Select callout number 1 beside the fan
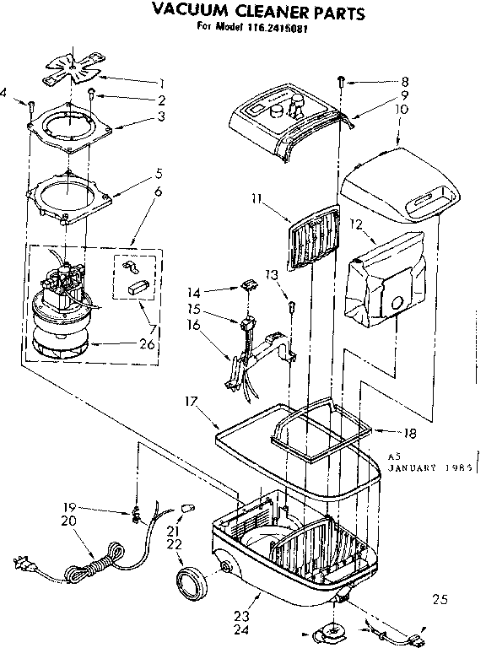(x=159, y=82)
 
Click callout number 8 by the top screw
(x=404, y=82)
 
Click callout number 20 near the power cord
(x=68, y=521)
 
